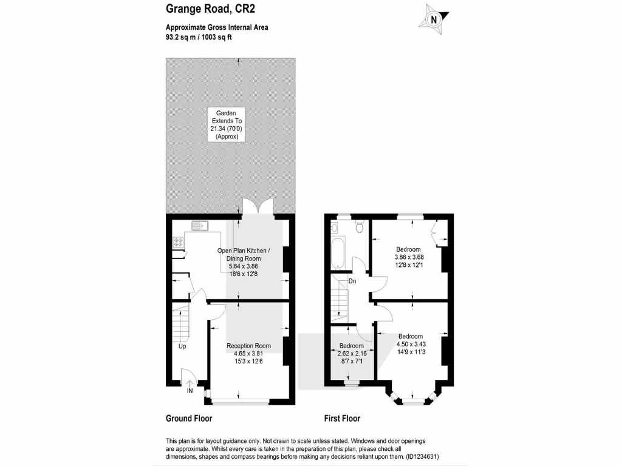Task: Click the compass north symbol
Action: point(434,19)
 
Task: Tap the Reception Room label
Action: point(248,346)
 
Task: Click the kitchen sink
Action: point(199,226)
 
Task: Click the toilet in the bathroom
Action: point(359,228)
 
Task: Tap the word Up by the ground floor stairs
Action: point(182,347)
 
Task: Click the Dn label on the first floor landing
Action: point(352,282)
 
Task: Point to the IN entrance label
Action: point(190,391)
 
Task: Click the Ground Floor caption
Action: point(189,419)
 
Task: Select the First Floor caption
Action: point(343,419)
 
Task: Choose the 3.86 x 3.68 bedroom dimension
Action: point(409,257)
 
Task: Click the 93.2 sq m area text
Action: point(182,37)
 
